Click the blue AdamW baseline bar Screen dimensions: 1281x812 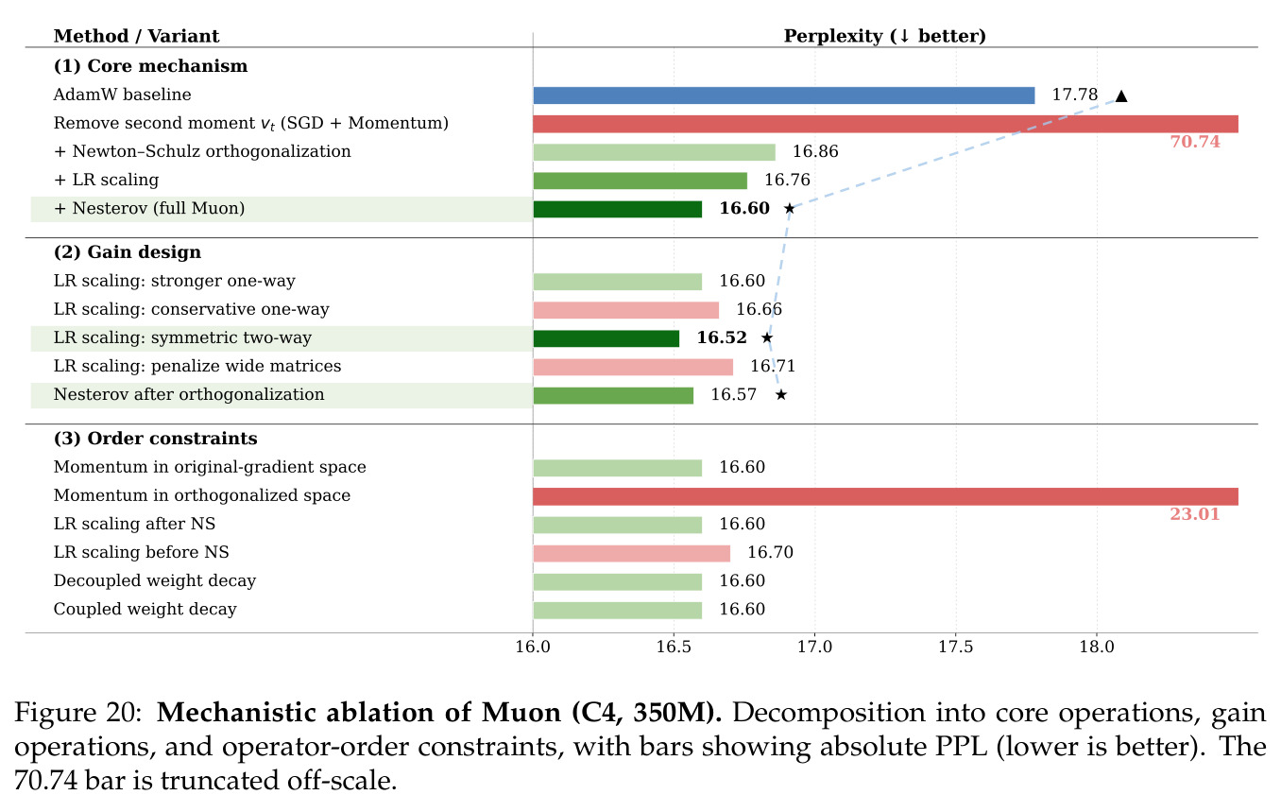(784, 95)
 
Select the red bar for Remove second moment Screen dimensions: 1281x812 (886, 124)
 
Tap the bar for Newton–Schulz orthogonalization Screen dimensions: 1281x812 (655, 152)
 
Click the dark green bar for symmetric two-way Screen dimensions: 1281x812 (606, 338)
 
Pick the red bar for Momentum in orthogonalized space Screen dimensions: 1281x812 (886, 496)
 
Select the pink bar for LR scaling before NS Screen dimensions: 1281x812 (632, 553)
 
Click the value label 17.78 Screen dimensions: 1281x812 (1074, 95)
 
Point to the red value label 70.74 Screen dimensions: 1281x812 (1195, 142)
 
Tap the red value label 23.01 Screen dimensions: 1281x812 (1195, 514)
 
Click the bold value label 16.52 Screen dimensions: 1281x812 (722, 337)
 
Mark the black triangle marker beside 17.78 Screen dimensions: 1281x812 (1121, 95)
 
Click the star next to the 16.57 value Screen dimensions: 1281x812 (781, 395)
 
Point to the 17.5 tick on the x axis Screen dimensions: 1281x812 (956, 647)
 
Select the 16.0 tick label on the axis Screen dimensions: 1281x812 (533, 647)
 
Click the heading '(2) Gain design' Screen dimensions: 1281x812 (128, 251)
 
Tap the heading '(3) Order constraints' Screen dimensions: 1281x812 (156, 439)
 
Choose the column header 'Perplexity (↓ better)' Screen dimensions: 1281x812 (884, 36)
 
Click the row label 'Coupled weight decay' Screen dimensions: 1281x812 (145, 609)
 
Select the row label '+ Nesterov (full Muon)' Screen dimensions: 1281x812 (149, 208)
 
